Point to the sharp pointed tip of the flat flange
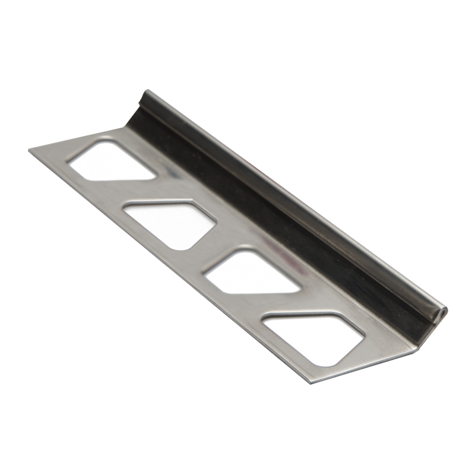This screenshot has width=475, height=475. point(30,150)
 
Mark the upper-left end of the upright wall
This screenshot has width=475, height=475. point(147,94)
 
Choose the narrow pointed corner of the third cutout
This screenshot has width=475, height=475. point(297,291)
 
